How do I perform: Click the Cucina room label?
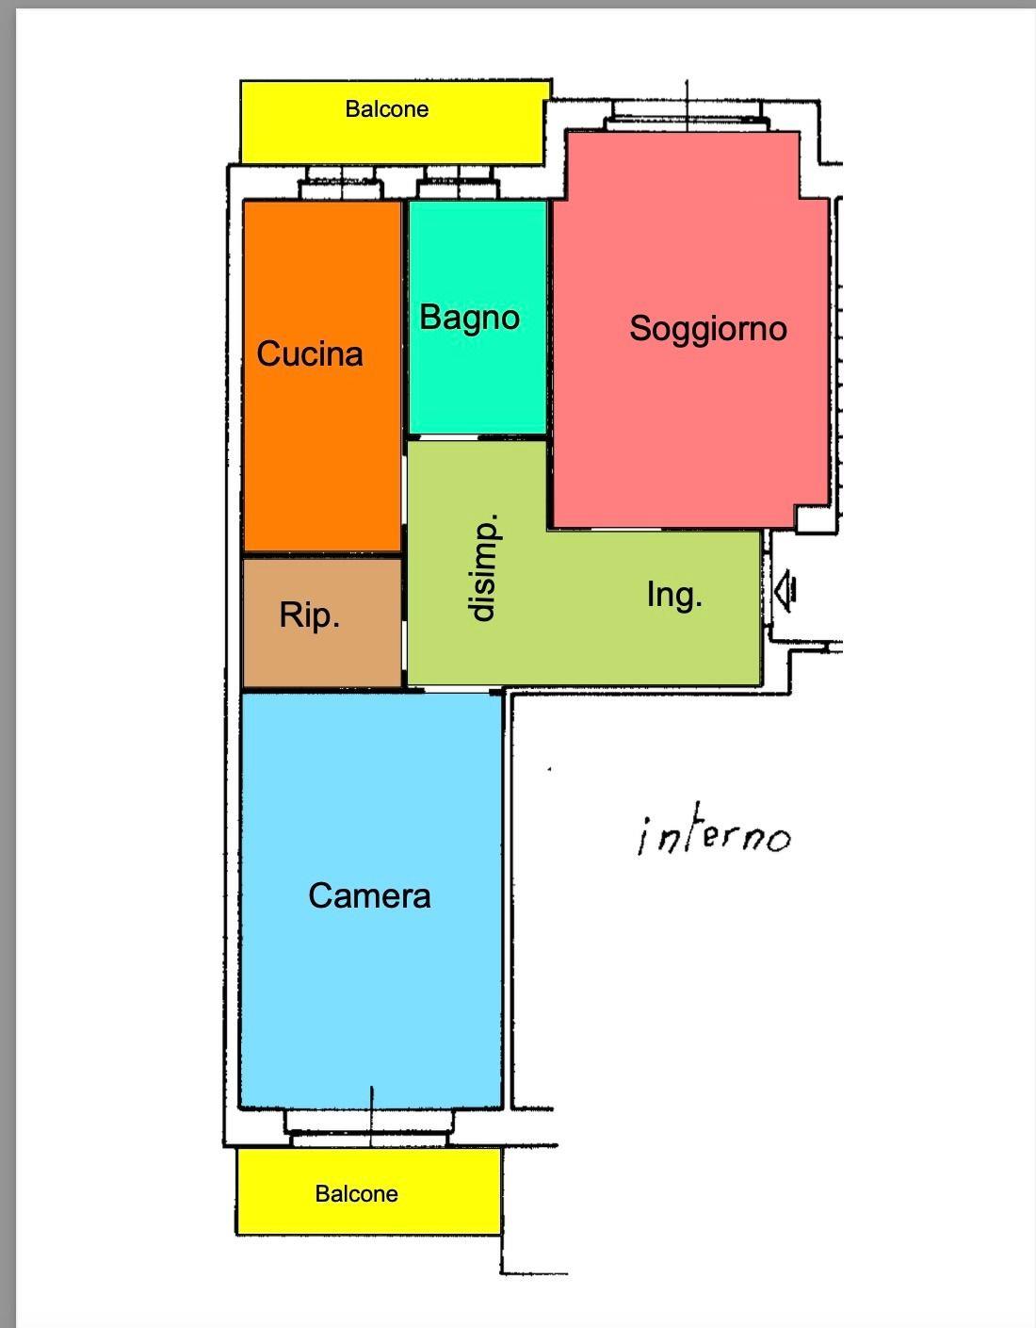pyautogui.click(x=310, y=353)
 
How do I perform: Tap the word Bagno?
pyautogui.click(x=469, y=319)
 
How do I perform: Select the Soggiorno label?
pyautogui.click(x=708, y=330)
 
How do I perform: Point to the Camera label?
pyautogui.click(x=369, y=896)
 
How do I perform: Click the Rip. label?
pyautogui.click(x=310, y=615)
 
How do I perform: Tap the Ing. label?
pyautogui.click(x=674, y=595)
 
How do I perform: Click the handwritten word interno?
pyautogui.click(x=714, y=835)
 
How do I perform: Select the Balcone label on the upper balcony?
pyautogui.click(x=387, y=109)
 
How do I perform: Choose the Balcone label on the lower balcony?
pyautogui.click(x=357, y=1193)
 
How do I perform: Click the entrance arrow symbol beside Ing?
pyautogui.click(x=785, y=591)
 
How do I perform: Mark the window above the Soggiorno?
pyautogui.click(x=687, y=116)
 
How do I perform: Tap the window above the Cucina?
pyautogui.click(x=341, y=184)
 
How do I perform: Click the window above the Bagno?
pyautogui.click(x=458, y=184)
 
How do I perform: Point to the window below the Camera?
pyautogui.click(x=369, y=1129)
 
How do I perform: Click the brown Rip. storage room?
pyautogui.click(x=322, y=623)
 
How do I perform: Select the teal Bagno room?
pyautogui.click(x=478, y=318)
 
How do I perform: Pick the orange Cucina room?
pyautogui.click(x=322, y=376)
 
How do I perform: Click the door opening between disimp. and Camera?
pyautogui.click(x=458, y=690)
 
